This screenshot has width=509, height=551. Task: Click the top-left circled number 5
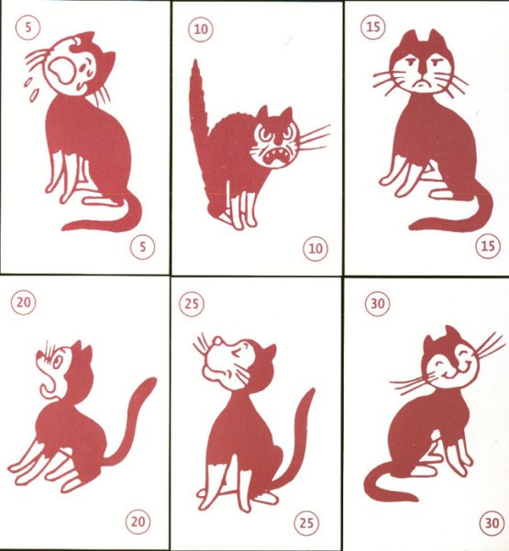[28, 27]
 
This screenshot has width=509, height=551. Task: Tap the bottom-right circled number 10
[315, 249]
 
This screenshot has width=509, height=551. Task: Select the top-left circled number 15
[372, 27]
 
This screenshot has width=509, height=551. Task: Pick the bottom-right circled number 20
[138, 522]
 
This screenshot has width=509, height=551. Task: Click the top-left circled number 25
[192, 303]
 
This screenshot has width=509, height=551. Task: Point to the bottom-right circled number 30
[492, 523]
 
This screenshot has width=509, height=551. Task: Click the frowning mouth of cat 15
[421, 84]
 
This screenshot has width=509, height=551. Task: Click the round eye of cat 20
[58, 362]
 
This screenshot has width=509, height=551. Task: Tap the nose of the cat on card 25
[218, 340]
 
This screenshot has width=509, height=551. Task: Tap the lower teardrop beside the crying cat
[34, 96]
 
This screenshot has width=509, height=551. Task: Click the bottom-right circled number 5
[142, 247]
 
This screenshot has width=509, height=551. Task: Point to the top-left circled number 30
[377, 303]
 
